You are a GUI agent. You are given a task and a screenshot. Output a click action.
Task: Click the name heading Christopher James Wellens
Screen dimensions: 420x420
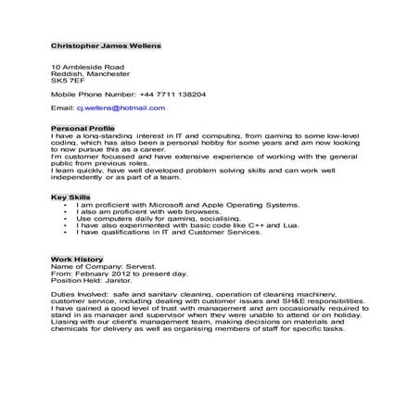tap(106, 44)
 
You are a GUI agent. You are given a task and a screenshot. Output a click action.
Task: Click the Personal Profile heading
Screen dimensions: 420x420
tap(83, 128)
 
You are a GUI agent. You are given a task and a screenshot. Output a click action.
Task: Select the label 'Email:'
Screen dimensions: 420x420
tap(60, 108)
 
